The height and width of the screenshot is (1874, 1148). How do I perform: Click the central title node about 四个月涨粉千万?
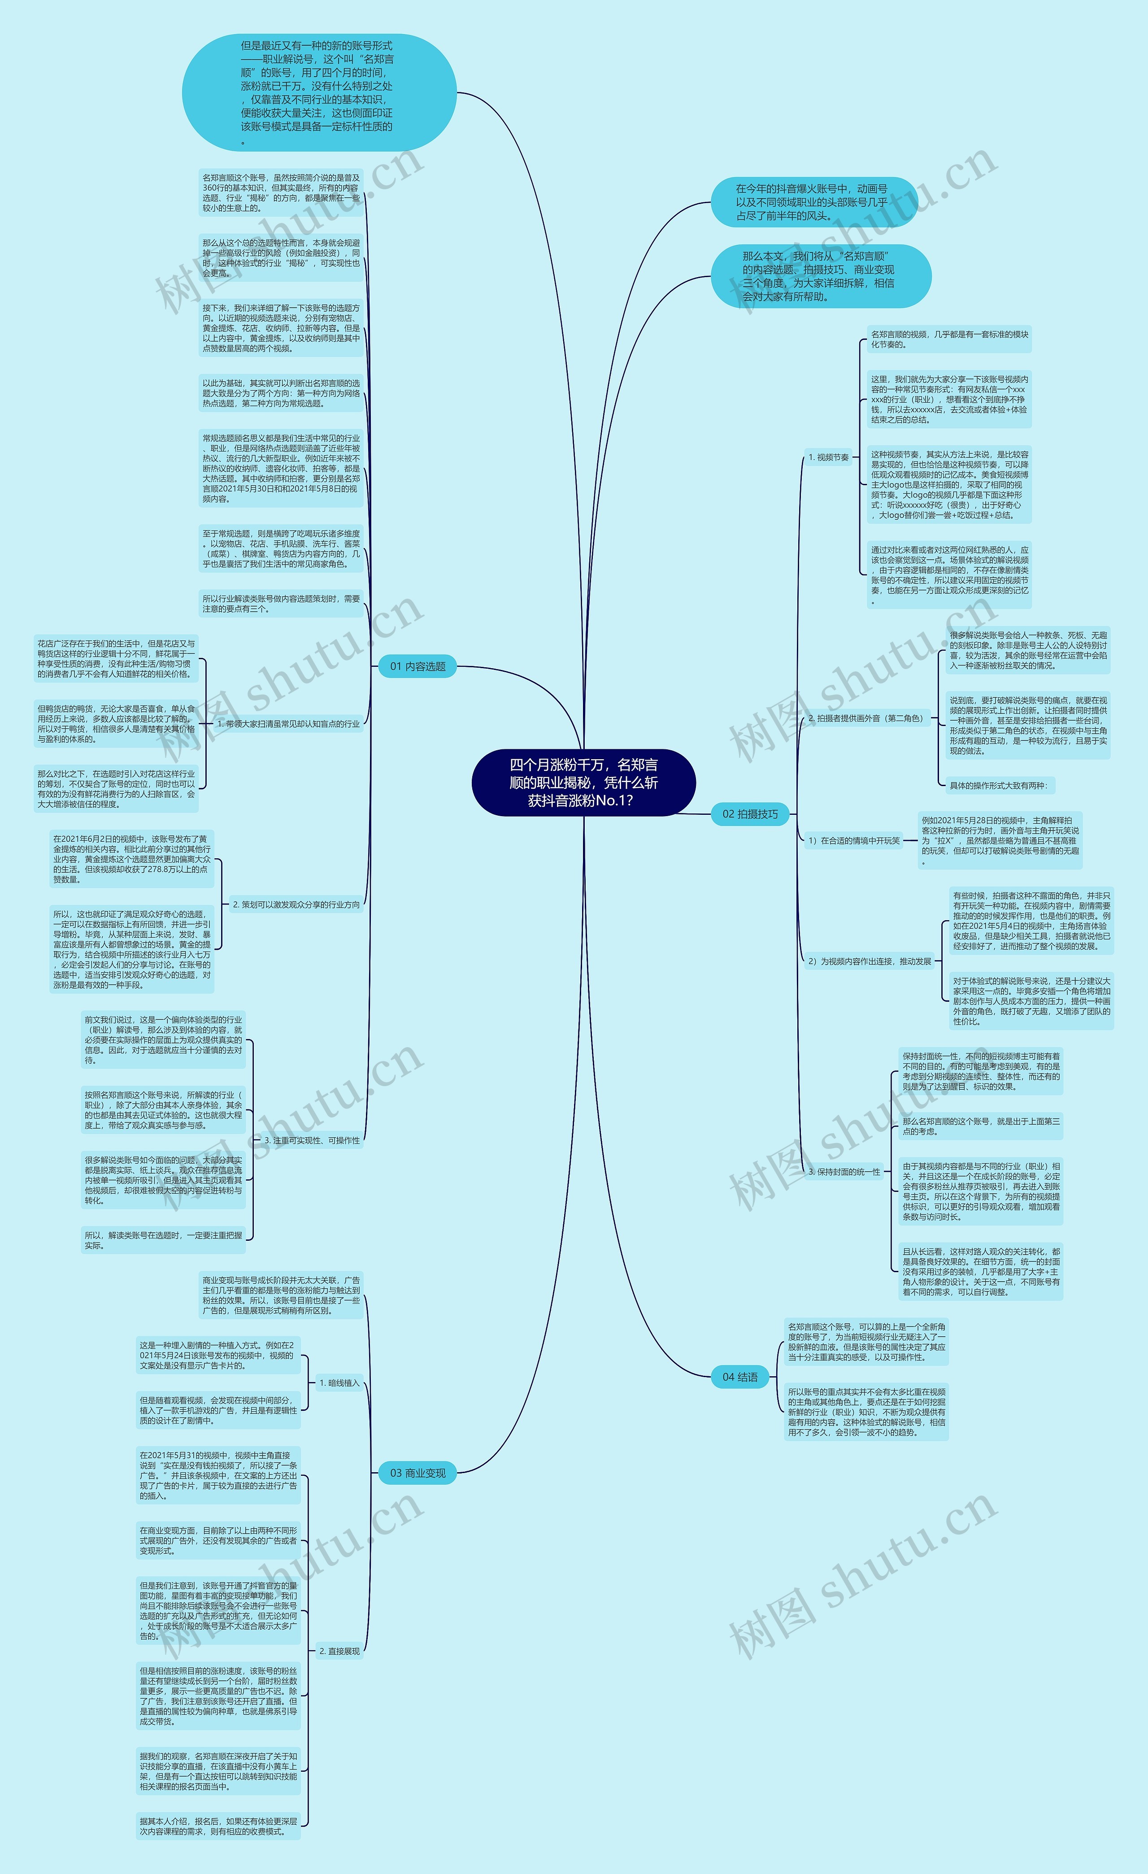[583, 783]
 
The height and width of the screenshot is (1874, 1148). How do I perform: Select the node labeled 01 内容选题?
[417, 666]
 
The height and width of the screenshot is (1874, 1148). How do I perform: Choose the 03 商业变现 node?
[417, 1473]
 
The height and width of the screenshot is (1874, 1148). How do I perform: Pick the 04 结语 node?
[739, 1377]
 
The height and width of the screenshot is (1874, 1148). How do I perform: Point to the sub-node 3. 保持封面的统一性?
[844, 1172]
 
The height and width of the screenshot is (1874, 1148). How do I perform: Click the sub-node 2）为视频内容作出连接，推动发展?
[870, 961]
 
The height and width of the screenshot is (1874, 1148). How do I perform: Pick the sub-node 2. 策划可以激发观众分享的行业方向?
[296, 904]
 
